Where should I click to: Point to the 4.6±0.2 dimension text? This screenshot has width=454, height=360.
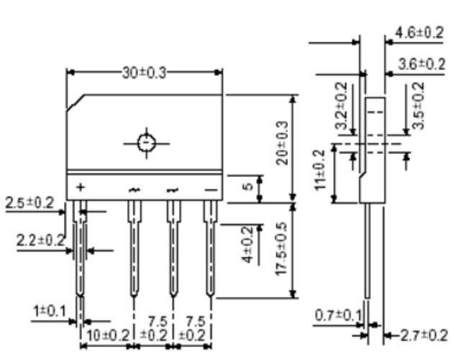coord(419,33)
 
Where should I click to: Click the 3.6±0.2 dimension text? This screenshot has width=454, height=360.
coord(419,65)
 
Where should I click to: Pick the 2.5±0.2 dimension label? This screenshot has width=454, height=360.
coord(29,203)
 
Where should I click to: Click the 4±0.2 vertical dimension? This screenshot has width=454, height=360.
coord(248,246)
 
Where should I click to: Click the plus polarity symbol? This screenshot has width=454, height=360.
coord(80,188)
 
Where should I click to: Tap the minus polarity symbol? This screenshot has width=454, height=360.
coord(210,189)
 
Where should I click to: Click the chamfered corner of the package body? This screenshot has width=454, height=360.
coord(76,102)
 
